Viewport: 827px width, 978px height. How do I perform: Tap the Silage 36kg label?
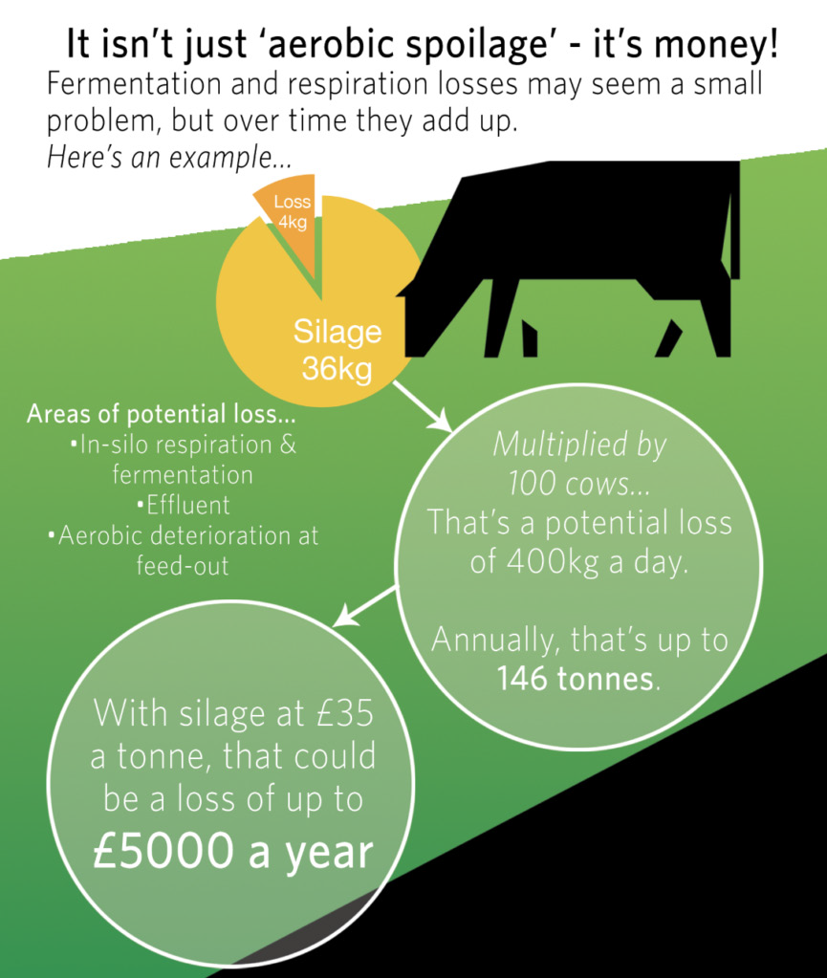click(x=337, y=350)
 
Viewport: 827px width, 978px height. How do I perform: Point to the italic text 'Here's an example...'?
click(x=169, y=158)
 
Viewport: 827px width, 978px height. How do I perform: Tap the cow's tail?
click(x=734, y=218)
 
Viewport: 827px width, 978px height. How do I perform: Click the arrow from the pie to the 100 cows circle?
click(x=423, y=405)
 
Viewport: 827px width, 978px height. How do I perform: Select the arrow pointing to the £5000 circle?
click(x=365, y=606)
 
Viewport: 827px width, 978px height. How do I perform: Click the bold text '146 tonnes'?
click(x=575, y=679)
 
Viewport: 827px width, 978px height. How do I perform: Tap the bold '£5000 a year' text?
click(x=232, y=853)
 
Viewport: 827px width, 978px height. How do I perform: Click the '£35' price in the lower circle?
click(x=345, y=712)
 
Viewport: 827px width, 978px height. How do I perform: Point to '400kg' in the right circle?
click(x=552, y=561)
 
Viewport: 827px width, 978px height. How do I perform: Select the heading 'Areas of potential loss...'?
click(x=161, y=414)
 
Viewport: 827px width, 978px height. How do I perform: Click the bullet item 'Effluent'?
click(x=184, y=505)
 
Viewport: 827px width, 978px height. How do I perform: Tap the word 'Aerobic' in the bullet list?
click(x=99, y=535)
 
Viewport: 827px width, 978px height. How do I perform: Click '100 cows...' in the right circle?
click(x=578, y=484)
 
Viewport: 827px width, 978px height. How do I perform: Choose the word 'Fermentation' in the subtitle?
click(x=134, y=83)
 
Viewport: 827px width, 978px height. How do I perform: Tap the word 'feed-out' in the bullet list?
click(x=183, y=566)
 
